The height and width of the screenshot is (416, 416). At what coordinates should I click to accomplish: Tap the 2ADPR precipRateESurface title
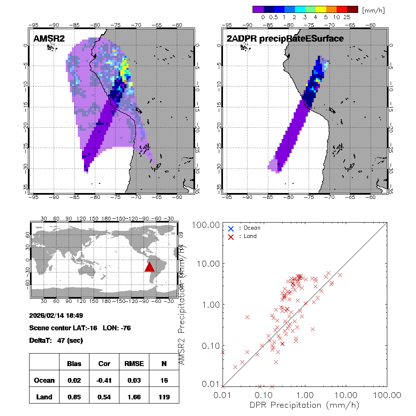[285, 39]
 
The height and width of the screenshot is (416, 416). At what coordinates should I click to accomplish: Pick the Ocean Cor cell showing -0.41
[104, 380]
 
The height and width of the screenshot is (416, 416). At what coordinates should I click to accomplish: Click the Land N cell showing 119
[164, 397]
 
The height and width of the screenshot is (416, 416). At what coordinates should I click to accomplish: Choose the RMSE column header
[134, 364]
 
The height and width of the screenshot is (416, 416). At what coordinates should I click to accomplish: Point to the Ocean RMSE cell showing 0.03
[134, 380]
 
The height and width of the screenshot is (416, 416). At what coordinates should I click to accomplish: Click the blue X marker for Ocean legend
[231, 228]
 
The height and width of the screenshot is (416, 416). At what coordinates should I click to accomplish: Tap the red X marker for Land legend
[231, 236]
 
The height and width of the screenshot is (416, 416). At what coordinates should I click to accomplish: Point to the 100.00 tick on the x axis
[387, 394]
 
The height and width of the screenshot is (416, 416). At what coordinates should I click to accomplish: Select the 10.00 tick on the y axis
[208, 264]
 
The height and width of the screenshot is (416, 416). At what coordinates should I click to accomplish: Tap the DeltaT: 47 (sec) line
[57, 340]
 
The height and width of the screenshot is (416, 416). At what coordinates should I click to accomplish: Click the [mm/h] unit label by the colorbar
[373, 10]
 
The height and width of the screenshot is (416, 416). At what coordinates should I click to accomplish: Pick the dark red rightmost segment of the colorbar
[352, 9]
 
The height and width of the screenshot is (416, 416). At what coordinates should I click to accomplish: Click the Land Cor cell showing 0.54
[104, 397]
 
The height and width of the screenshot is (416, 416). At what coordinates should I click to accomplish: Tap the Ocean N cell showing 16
[164, 380]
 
